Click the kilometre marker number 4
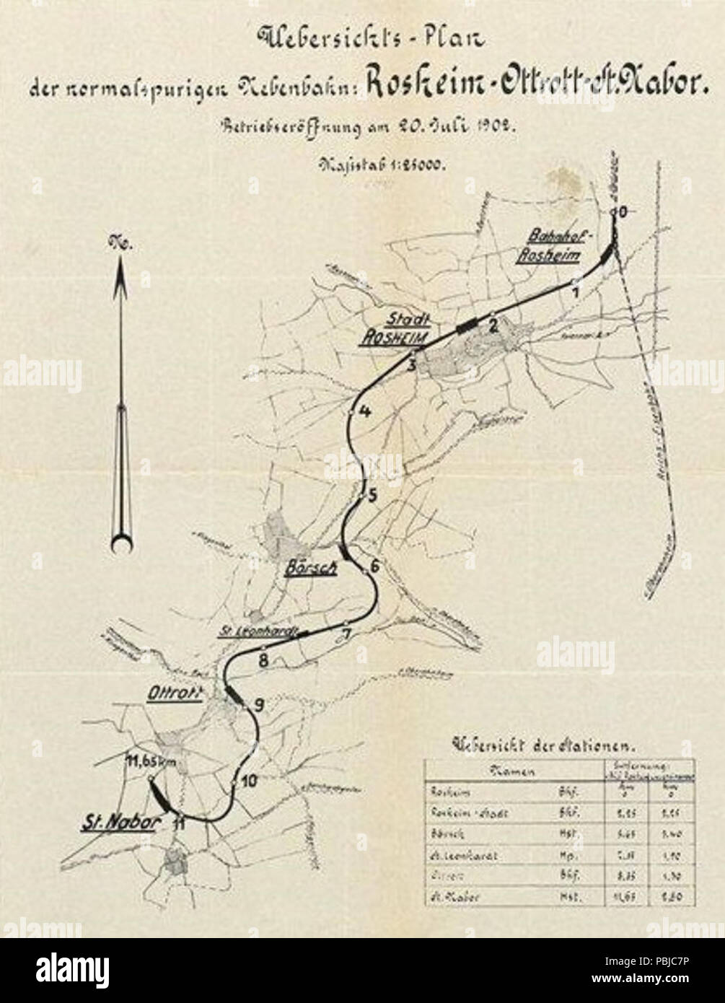coord(364,412)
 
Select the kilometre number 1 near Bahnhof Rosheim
coord(575,292)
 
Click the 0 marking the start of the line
coord(623,211)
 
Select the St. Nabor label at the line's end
coord(117,822)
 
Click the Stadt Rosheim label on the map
coord(396,329)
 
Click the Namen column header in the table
coord(511,771)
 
